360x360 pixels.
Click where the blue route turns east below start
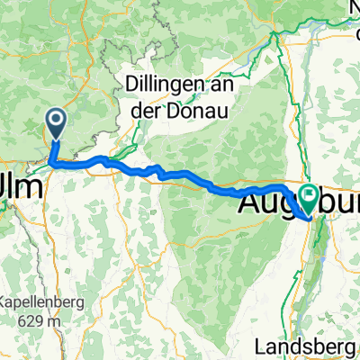click(x=54, y=164)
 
